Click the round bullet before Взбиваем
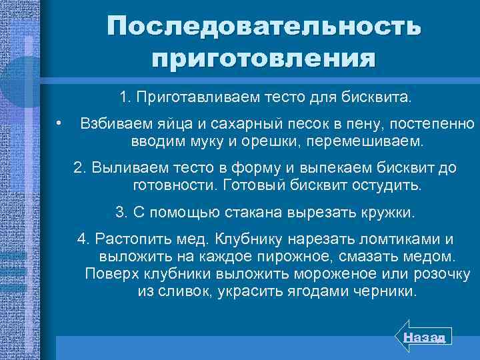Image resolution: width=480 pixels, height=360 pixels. pyautogui.click(x=59, y=123)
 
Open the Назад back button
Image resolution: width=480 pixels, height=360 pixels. pyautogui.click(x=425, y=338)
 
